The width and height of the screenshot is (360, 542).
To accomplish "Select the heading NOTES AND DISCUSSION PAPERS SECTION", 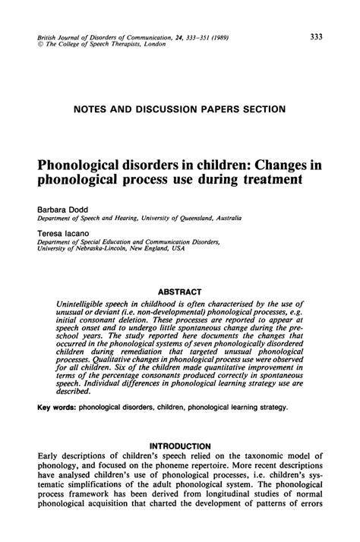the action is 179,109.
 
